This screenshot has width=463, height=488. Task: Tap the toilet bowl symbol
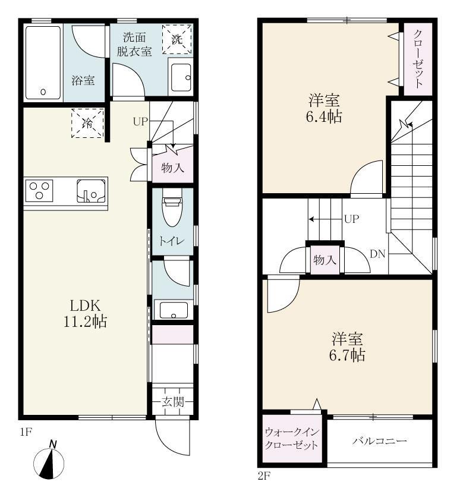click(x=171, y=212)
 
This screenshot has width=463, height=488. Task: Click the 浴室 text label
click(x=83, y=80)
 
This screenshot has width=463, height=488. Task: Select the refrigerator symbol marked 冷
click(x=87, y=123)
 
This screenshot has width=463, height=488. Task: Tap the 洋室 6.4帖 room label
click(x=324, y=108)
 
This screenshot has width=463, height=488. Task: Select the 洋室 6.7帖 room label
click(x=348, y=348)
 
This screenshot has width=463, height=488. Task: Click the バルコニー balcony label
click(x=379, y=441)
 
